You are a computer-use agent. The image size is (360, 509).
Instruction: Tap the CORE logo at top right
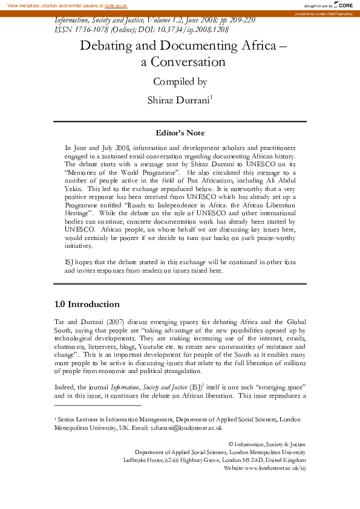(x=342, y=5)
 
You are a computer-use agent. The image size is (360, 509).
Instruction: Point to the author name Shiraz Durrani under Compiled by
(x=179, y=100)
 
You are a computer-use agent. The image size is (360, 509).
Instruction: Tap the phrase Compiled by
(x=180, y=82)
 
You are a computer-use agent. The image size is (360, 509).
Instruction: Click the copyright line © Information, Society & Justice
(x=267, y=444)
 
